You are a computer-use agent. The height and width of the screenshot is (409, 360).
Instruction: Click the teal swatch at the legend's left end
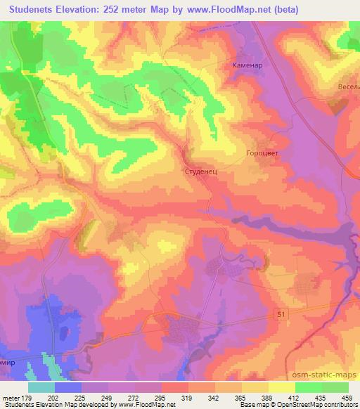41,387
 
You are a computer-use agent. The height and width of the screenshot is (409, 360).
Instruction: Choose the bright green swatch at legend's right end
335,387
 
